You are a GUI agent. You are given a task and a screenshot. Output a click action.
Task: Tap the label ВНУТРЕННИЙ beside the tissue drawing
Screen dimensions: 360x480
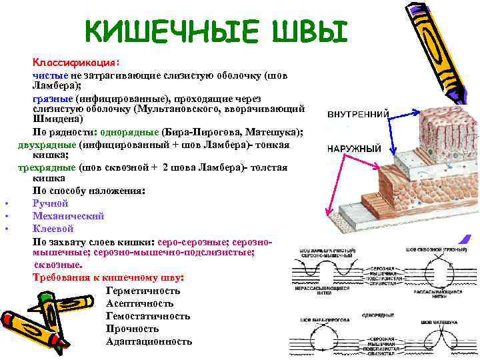tap(357, 114)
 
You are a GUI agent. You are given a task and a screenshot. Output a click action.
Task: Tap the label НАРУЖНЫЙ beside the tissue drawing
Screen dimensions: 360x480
tap(354, 149)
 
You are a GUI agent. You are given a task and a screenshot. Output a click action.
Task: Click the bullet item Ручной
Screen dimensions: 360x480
tap(51, 203)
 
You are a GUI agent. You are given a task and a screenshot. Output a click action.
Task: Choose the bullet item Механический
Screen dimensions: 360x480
tap(68, 216)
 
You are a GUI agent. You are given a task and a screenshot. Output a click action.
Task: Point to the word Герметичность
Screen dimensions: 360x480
tap(143, 291)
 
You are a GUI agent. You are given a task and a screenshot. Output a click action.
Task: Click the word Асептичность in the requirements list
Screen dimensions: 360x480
tap(139, 304)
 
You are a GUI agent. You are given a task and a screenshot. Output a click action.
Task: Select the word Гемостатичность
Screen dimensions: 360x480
tap(147, 317)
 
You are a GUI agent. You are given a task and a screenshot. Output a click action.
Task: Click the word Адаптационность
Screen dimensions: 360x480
tap(149, 342)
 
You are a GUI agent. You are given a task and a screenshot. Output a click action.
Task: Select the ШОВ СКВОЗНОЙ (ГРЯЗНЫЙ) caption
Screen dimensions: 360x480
tap(436, 250)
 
